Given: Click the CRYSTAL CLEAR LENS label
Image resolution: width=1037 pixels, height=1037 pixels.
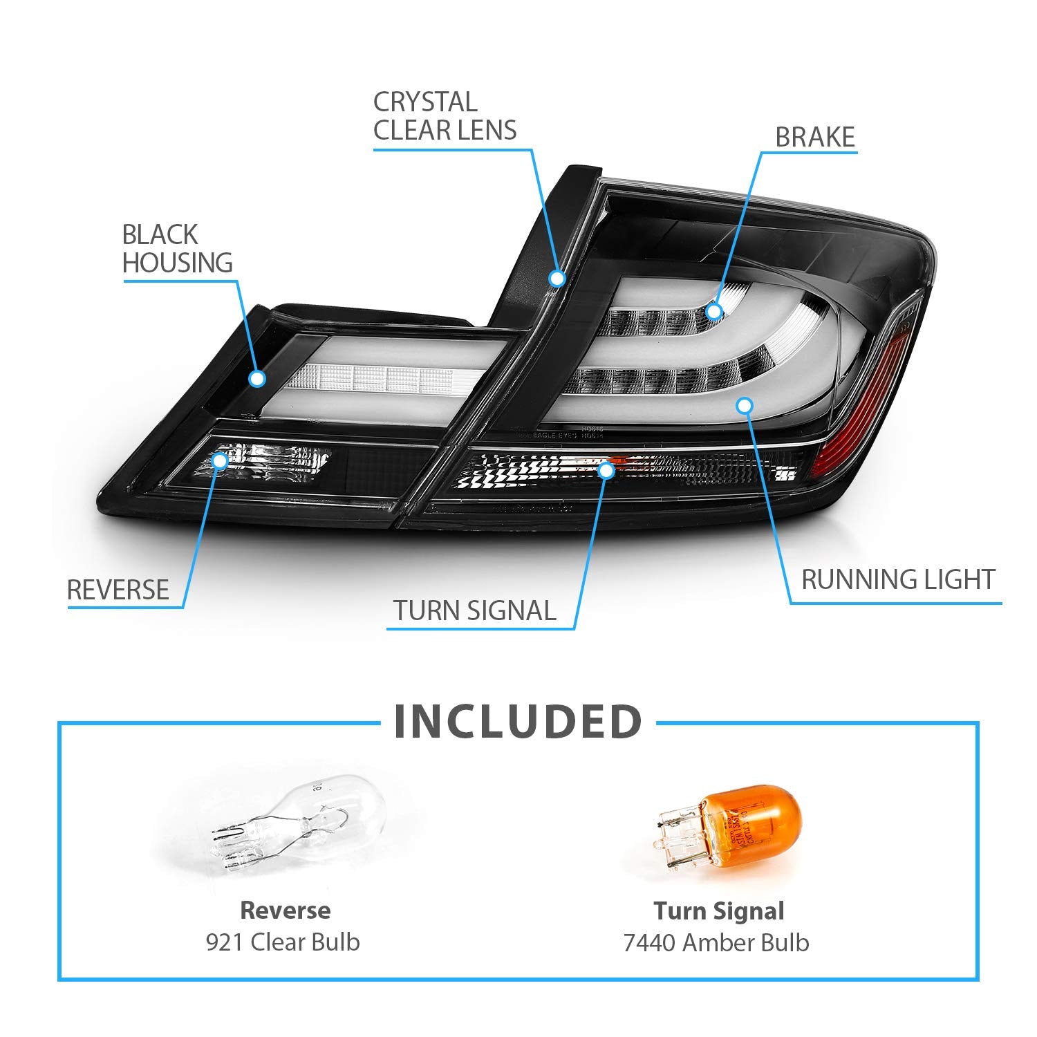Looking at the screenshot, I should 445,116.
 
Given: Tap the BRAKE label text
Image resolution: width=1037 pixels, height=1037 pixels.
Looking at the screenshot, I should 815,138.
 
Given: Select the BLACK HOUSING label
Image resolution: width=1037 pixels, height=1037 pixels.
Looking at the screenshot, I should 177,249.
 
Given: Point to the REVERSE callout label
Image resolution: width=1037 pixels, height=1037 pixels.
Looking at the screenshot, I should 118,590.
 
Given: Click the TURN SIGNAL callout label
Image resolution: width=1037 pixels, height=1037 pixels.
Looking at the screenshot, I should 474,611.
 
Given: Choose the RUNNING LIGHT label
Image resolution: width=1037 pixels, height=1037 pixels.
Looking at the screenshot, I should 898,579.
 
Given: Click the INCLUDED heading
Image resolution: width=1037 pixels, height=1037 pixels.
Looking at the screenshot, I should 518,722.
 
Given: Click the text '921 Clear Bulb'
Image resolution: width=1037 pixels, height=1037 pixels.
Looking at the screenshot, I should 283,942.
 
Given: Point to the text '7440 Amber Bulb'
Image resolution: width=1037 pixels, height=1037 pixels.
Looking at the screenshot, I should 716,942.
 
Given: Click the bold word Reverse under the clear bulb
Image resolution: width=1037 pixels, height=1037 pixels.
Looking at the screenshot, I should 285,910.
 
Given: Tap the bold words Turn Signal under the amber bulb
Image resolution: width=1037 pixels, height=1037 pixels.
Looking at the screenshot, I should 719,911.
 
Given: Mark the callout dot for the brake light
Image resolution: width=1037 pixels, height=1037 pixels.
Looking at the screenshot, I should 714,311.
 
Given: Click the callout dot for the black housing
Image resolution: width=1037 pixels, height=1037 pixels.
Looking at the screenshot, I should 257,378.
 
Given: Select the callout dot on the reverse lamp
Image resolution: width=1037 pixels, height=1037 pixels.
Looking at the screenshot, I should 220,459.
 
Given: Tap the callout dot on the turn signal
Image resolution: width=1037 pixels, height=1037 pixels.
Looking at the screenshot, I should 606,471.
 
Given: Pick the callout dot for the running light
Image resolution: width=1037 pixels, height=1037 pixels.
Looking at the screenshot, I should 744,405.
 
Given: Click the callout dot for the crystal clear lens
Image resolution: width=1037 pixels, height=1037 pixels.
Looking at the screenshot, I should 557,279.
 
